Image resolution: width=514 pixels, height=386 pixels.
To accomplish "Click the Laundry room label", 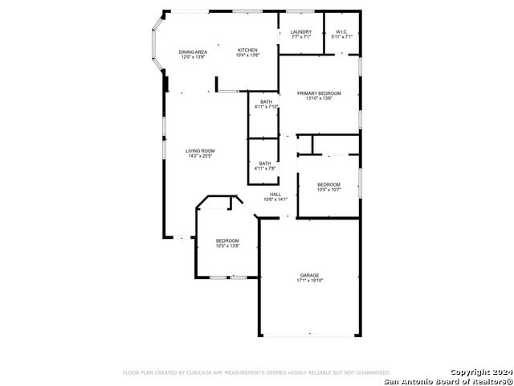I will [301, 32].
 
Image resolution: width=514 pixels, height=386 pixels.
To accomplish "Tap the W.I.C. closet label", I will [342, 32].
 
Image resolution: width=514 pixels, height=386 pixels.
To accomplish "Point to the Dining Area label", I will [193, 51].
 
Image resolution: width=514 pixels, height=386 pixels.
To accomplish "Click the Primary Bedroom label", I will [319, 93].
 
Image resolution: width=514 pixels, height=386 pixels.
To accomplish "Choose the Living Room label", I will [201, 150].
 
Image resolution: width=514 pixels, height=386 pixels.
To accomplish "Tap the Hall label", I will [275, 194].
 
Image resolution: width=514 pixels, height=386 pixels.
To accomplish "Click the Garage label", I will [309, 275].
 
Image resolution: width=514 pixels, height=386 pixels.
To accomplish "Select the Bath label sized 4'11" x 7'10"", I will [266, 101].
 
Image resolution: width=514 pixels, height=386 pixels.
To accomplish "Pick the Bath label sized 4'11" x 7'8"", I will [266, 163].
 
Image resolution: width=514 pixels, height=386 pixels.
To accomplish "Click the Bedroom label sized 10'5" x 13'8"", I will [227, 240].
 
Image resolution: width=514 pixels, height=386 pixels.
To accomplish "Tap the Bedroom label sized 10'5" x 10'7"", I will [328, 184].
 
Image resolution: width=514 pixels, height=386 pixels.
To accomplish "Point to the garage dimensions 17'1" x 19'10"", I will [309, 281].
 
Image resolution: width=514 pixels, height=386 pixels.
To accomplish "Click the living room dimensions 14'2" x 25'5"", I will [201, 156].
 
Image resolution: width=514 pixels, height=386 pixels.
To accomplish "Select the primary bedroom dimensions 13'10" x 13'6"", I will [319, 99].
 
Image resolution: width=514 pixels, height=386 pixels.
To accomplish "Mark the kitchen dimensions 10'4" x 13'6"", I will [247, 56].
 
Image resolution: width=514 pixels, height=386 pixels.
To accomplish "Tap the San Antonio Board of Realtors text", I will [448, 380].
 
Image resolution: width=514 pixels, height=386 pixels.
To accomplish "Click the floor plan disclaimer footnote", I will [256, 372].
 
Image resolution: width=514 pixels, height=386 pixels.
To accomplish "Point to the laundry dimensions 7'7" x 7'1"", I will [301, 37].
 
